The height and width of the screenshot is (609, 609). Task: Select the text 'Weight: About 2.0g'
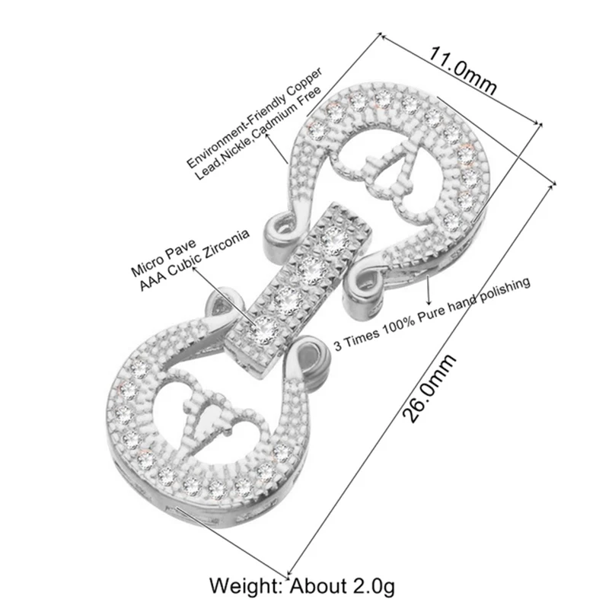pos(304,586)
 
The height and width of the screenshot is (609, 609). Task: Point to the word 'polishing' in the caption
pos(502,289)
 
